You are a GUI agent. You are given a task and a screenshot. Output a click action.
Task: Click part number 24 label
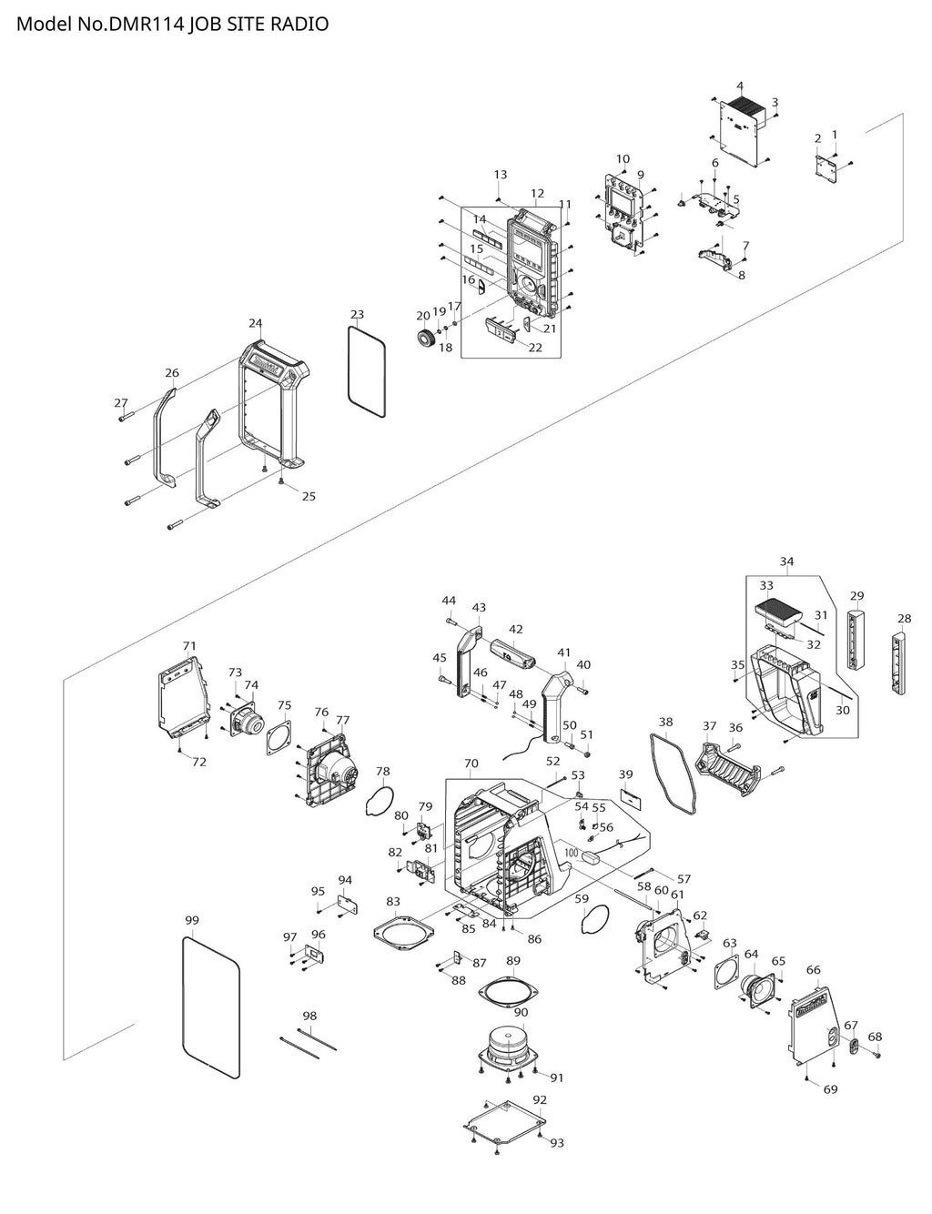(256, 323)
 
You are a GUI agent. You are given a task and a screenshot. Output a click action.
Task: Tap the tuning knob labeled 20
(427, 339)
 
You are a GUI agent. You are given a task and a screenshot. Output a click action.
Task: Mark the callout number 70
(471, 763)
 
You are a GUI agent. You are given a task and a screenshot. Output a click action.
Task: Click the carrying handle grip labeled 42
(513, 653)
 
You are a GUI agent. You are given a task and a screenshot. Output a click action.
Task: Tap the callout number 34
(786, 561)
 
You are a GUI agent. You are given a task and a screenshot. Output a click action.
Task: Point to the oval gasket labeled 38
(674, 772)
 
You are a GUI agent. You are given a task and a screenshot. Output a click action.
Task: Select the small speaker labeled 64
(756, 991)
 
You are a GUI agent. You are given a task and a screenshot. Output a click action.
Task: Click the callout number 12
(538, 193)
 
